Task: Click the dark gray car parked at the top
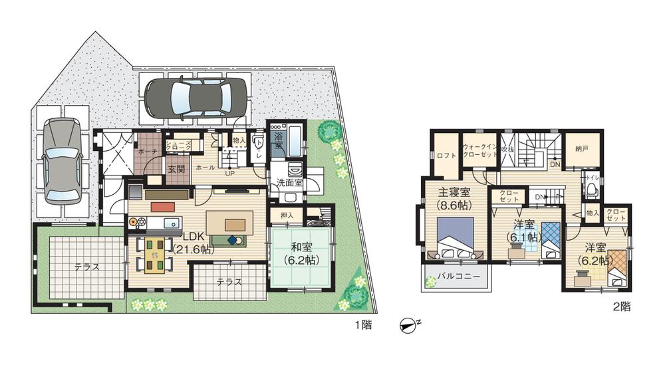pyautogui.click(x=195, y=98)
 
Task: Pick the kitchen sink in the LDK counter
pyautogui.click(x=169, y=222)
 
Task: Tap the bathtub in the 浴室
pyautogui.click(x=293, y=142)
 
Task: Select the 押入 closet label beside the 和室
pyautogui.click(x=287, y=215)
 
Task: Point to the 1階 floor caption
pyautogui.click(x=364, y=326)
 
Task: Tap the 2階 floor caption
pyautogui.click(x=622, y=307)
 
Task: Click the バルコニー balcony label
pyautogui.click(x=455, y=277)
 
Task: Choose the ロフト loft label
pyautogui.click(x=446, y=158)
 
